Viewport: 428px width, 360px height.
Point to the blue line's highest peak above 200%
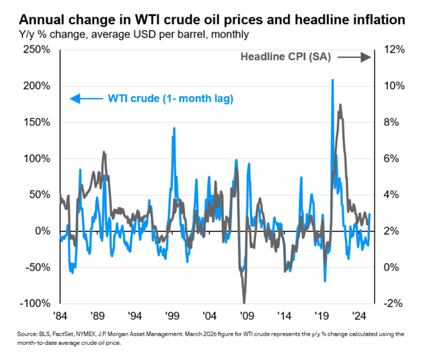click(x=333, y=80)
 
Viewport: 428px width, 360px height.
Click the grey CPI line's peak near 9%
click(x=340, y=106)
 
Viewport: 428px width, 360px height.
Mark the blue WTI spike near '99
click(x=173, y=129)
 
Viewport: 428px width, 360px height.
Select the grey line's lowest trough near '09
click(x=244, y=301)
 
